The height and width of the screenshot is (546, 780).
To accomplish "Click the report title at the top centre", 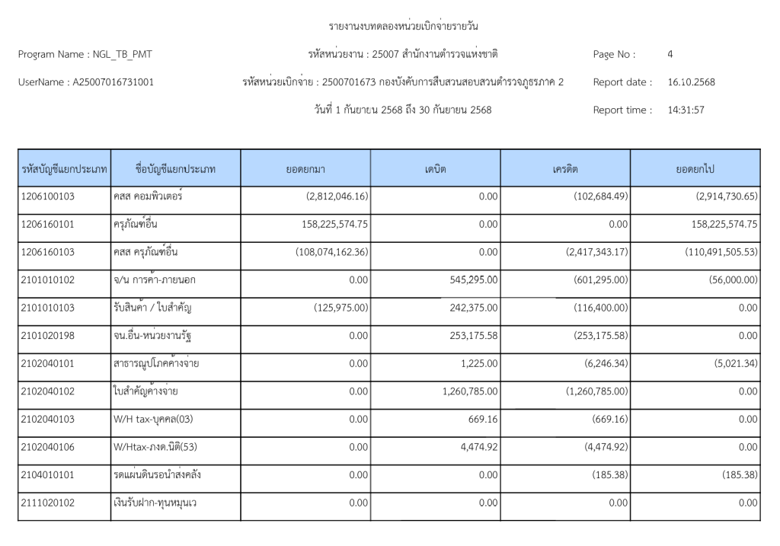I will pos(403,27).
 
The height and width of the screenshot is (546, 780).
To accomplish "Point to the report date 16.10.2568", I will pos(691,81).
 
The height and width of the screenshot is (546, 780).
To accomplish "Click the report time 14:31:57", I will pos(686,110).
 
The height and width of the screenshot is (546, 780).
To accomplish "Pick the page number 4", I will pos(670,54).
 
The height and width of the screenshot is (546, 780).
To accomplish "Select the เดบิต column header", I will pos(436,168).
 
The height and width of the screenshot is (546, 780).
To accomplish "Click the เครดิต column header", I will pos(565,168).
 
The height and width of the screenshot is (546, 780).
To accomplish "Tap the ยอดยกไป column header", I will pos(695,168).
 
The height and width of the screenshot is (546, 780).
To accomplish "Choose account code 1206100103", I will pos(48,196).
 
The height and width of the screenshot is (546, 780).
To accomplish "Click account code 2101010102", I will pos(48,279).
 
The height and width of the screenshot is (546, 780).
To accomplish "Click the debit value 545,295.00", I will pos(470,279).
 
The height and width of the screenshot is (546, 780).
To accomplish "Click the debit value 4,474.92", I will pos(479,447).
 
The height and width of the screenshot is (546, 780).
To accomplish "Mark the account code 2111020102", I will pos(48,503).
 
